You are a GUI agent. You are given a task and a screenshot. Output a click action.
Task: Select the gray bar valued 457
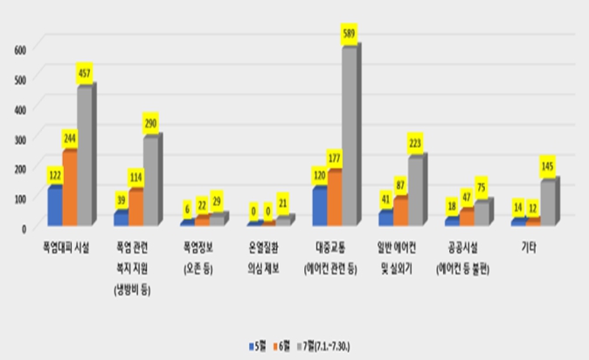pyautogui.click(x=84, y=156)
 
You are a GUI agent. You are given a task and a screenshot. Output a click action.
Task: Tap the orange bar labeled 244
pyautogui.click(x=69, y=188)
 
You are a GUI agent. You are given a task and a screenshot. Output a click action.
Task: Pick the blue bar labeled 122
pyautogui.click(x=54, y=206)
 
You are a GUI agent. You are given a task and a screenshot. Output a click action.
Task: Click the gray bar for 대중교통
pyautogui.click(x=348, y=136)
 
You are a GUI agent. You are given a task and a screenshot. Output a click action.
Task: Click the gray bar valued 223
pyautogui.click(x=415, y=190)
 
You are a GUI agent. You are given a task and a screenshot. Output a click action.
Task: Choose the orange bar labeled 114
pyautogui.click(x=135, y=207)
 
